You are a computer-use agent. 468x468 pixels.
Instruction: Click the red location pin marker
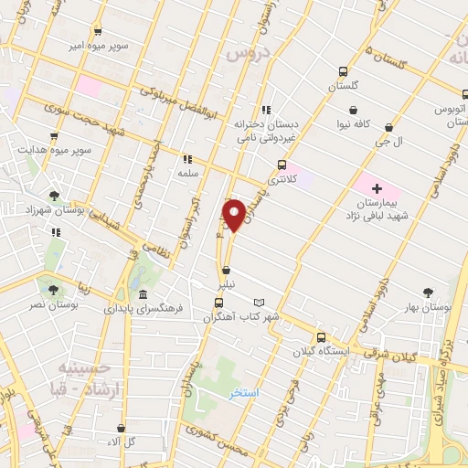coord(235,215)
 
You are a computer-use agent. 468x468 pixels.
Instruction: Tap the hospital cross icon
coord(377,187)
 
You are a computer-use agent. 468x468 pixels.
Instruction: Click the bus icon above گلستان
coord(343,71)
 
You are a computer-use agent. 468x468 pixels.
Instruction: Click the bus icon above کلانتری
coord(281,165)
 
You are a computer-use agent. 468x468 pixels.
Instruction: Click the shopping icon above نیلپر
coord(226,271)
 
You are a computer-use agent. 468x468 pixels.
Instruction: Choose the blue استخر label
coord(244,392)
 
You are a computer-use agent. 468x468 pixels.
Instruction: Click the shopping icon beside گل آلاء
coord(122,428)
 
